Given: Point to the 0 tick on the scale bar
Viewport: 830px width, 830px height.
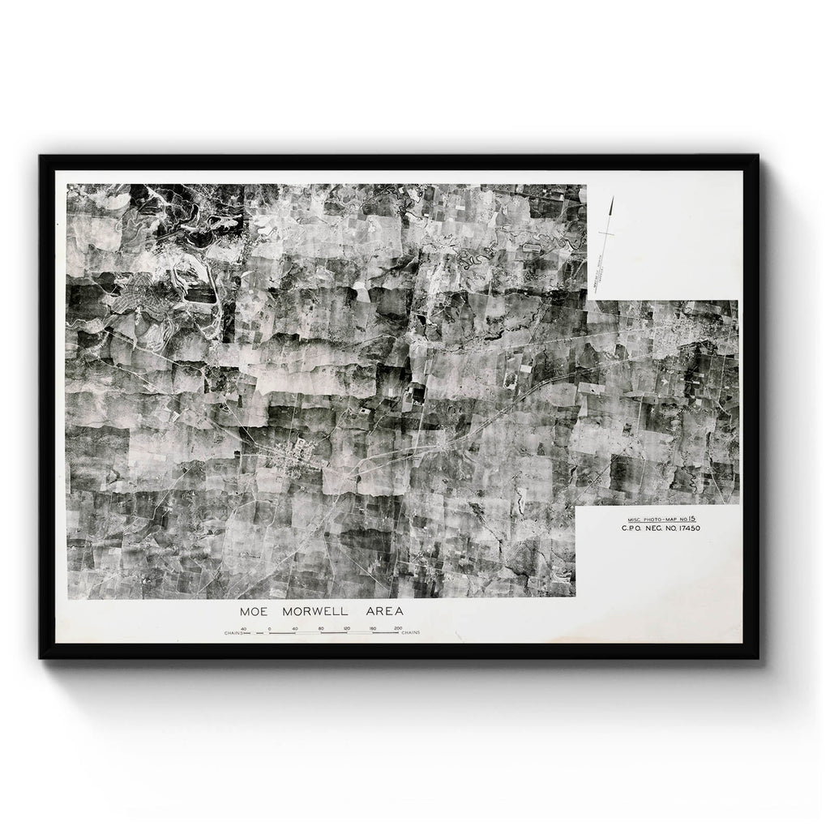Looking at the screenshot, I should [x=269, y=630].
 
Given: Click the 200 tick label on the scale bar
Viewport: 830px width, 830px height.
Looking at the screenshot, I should [x=397, y=628].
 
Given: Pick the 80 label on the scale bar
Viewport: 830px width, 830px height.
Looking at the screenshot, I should [x=321, y=628].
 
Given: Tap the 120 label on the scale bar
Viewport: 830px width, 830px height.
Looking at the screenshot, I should [x=346, y=628].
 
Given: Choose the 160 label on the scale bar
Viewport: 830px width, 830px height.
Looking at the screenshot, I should [x=372, y=628].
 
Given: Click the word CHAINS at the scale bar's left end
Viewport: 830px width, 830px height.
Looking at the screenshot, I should [x=237, y=633].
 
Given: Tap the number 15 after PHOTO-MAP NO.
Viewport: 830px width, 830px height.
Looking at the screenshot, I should [x=694, y=517].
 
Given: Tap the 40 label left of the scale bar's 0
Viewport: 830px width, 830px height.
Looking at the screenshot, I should [x=244, y=628].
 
